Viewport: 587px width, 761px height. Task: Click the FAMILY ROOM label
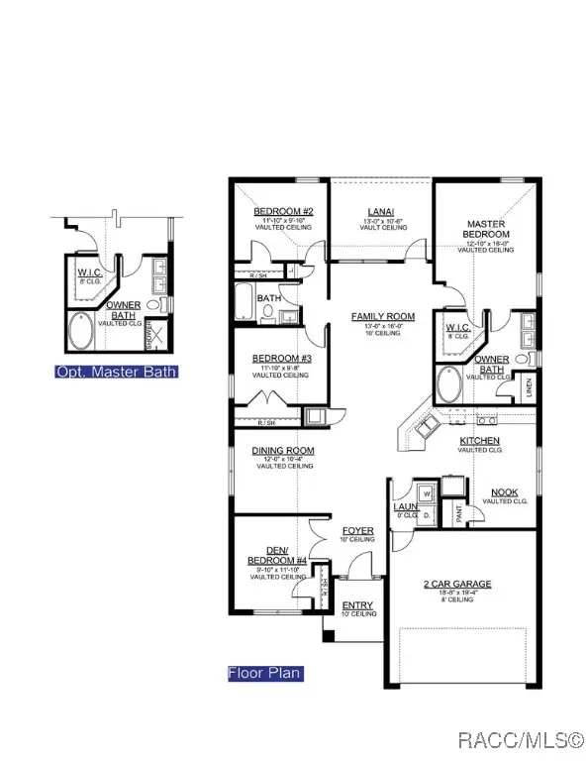pos(383,317)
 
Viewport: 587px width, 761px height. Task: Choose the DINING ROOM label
pos(282,451)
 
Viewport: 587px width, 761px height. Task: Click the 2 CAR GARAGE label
pos(457,584)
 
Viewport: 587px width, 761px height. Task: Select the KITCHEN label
pos(479,440)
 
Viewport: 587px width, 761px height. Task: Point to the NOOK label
pos(504,492)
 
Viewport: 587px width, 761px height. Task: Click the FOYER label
pos(357,531)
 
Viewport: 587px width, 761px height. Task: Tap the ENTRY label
pos(357,604)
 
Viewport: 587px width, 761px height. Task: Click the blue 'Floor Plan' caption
pos(264,674)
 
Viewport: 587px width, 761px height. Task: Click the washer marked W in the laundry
pos(427,491)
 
